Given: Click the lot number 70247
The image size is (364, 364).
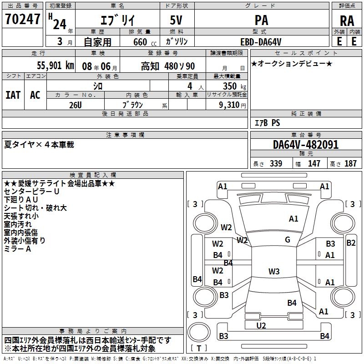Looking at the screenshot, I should [22, 19].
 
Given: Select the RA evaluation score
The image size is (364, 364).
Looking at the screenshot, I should [347, 20].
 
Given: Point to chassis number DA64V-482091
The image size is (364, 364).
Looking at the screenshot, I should [306, 145].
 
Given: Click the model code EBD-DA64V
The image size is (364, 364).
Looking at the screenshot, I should [261, 41].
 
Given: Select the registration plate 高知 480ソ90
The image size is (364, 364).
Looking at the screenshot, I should [167, 66].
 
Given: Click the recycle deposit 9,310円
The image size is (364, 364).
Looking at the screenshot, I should [232, 105].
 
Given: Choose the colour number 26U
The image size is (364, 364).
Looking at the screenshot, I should [76, 105].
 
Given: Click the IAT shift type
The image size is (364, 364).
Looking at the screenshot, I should [13, 95].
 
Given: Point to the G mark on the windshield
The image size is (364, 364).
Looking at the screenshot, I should [288, 240].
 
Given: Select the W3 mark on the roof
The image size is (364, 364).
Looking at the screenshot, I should [274, 272].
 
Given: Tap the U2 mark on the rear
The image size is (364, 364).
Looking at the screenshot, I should [261, 325].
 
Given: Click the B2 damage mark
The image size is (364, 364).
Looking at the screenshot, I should [351, 243].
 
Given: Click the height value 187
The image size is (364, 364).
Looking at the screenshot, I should [351, 163].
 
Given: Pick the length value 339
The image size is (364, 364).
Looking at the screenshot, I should [276, 163].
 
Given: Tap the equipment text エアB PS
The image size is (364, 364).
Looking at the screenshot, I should [267, 123].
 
